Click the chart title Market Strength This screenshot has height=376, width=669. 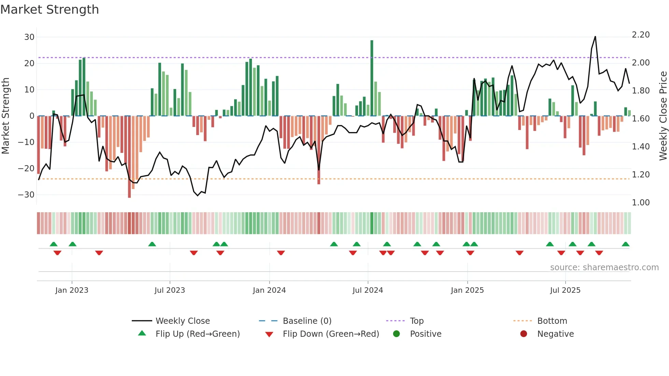tap(49, 10)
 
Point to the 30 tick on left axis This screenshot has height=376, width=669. tap(29, 37)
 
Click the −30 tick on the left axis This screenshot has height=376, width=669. tap(26, 195)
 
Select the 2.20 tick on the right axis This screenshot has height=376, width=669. tap(641, 35)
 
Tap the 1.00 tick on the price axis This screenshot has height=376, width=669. tap(641, 203)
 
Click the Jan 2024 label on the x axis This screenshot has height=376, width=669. tap(269, 290)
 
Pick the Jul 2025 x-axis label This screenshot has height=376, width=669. tap(565, 290)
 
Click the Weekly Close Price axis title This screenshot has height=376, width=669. tap(663, 116)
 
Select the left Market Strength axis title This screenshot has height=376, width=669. tap(5, 116)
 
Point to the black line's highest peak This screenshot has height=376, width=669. tap(595, 37)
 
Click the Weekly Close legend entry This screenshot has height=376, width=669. tap(183, 321)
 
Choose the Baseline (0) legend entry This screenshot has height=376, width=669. tap(307, 321)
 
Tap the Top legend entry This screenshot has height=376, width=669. tap(416, 321)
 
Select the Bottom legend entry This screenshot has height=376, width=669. tap(552, 321)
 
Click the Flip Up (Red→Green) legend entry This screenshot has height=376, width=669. tap(197, 334)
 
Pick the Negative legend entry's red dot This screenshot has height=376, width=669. tap(524, 334)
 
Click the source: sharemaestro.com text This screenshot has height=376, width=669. tap(604, 267)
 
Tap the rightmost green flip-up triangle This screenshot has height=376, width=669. tap(626, 244)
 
